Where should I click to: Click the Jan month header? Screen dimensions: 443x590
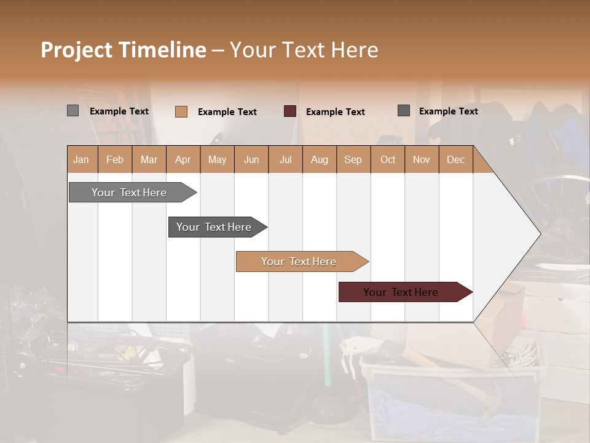point(82,159)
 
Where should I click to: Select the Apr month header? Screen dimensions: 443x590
point(183,159)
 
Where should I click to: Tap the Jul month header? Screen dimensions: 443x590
point(285,159)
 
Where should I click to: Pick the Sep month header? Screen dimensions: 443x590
point(353,159)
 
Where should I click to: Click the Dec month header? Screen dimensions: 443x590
point(455,159)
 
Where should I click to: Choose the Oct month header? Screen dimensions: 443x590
point(388,159)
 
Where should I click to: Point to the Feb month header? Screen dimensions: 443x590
point(115,159)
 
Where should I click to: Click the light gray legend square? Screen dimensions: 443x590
point(73,111)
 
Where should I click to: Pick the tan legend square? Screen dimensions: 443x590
point(181,111)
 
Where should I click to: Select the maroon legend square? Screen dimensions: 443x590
point(290,111)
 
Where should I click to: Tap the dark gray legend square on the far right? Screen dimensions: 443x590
point(404,111)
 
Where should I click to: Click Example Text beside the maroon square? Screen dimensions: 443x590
point(335,112)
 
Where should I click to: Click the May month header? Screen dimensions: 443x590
point(217,159)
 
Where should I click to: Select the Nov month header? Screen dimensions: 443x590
point(422,159)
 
